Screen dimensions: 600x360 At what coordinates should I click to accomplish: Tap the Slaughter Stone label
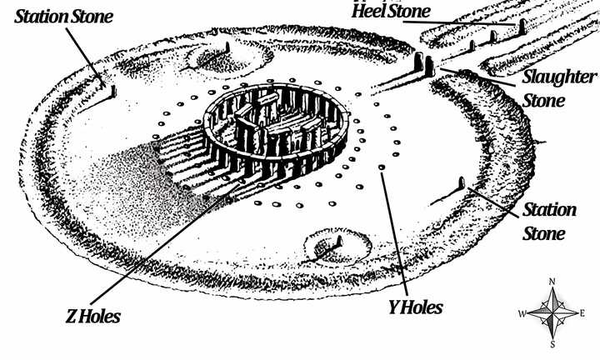[x=557, y=87]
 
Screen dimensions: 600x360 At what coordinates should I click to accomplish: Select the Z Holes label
[x=93, y=316]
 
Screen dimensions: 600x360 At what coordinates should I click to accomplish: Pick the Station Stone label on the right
[x=548, y=221]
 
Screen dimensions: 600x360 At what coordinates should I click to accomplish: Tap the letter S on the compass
[x=554, y=343]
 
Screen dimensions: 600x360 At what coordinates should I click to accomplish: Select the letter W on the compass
[x=522, y=314]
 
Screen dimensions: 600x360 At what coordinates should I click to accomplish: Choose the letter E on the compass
[x=583, y=314]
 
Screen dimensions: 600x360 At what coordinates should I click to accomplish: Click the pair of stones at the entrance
[x=424, y=66]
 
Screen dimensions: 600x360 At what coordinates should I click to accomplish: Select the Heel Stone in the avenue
[x=522, y=27]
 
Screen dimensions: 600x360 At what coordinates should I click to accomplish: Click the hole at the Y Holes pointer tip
[x=382, y=168]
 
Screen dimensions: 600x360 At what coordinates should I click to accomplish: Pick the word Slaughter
[x=559, y=77]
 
